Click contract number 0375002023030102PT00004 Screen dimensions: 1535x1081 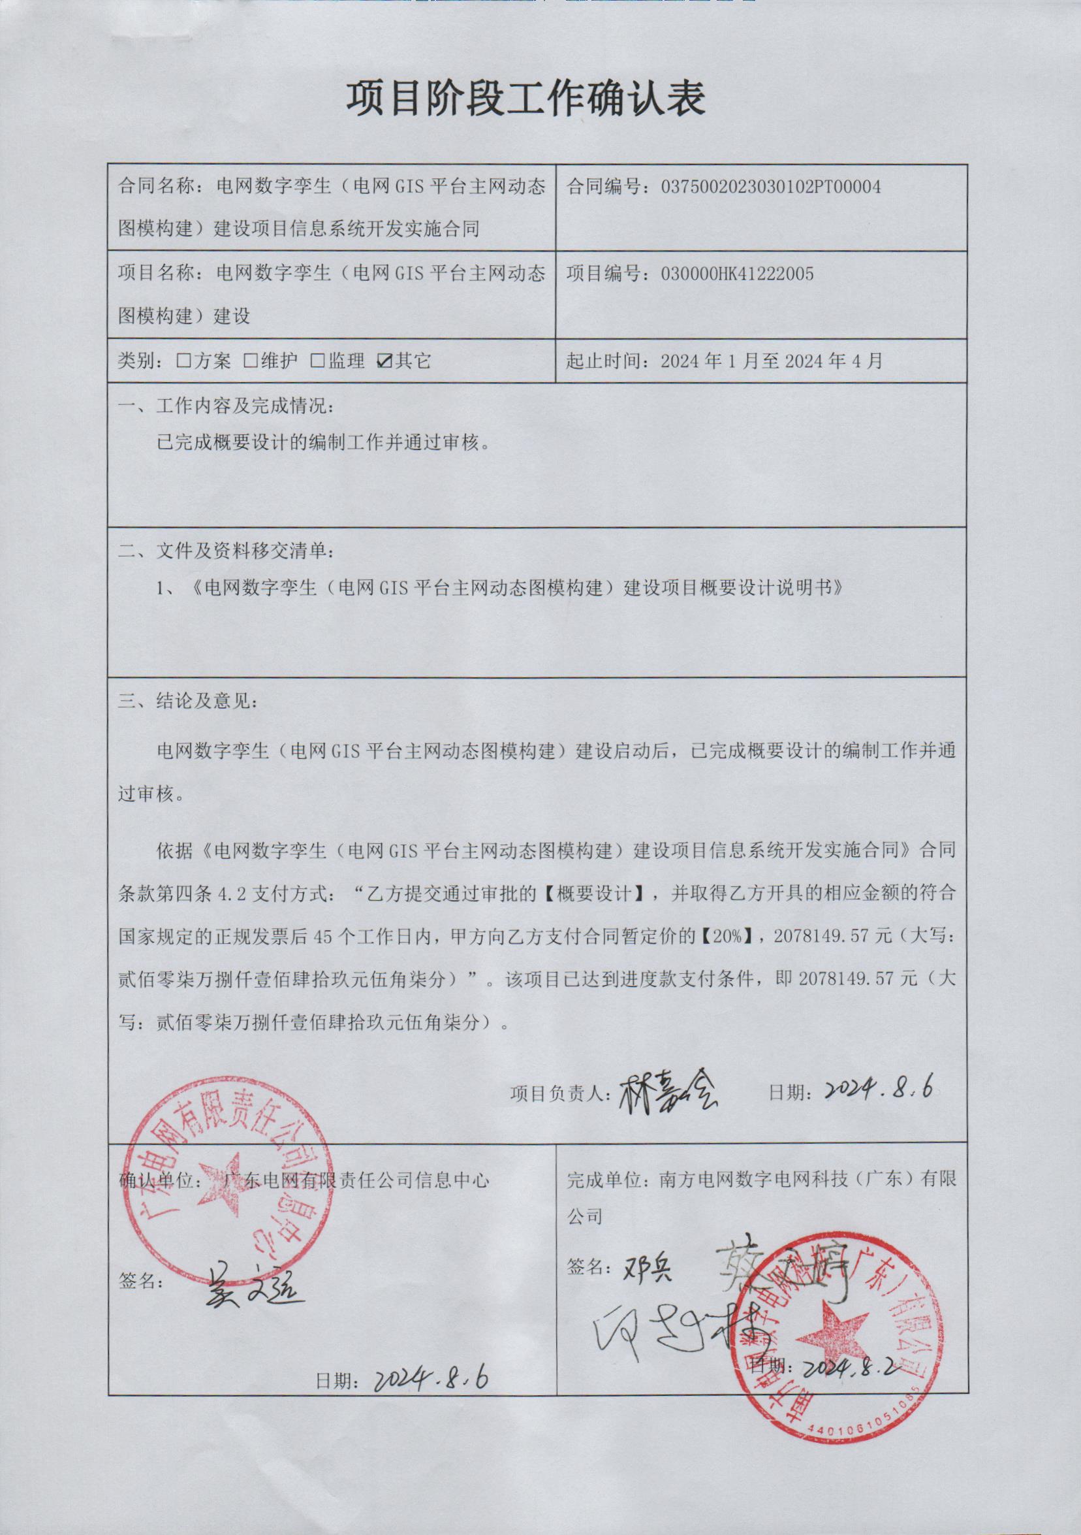[770, 187]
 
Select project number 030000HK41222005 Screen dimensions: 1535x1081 [737, 274]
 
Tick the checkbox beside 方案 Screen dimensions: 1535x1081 [183, 362]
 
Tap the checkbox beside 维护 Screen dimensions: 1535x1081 [251, 362]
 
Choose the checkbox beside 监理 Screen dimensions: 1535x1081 [317, 362]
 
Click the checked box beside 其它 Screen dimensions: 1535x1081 [384, 362]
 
